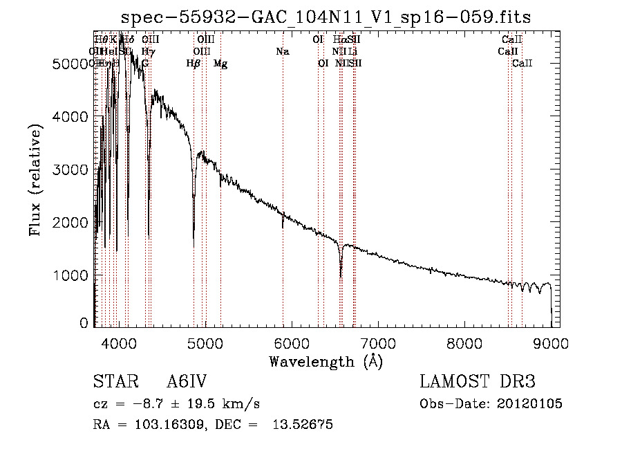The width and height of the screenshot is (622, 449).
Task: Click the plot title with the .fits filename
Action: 326,17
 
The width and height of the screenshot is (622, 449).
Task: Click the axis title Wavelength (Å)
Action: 326,361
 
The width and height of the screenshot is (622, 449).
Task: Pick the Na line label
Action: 282,51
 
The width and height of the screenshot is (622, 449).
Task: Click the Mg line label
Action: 220,64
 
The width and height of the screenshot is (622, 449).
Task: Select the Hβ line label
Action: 194,64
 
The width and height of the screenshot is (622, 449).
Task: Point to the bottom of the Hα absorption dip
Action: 341,276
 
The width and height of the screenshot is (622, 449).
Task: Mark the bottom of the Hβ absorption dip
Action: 194,246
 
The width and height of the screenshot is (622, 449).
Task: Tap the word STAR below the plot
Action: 111,383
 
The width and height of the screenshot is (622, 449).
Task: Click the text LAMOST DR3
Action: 477,383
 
